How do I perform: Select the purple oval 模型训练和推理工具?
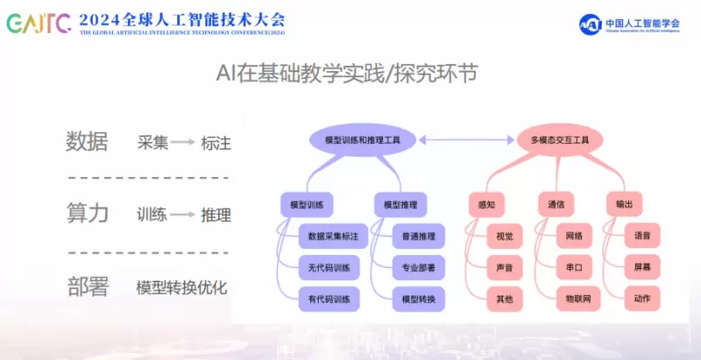363,140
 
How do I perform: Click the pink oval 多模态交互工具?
560,140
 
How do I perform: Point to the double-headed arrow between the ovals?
463,140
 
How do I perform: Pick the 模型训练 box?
307,205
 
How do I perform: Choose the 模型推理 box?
400,205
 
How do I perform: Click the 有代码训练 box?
329,299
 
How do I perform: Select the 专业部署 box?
418,267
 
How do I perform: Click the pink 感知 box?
486,205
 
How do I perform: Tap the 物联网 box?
574,299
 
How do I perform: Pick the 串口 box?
574,267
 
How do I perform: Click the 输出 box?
624,205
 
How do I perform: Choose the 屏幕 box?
642,267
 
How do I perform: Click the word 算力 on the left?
88,214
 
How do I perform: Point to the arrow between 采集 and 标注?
182,142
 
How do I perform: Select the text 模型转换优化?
181,287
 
